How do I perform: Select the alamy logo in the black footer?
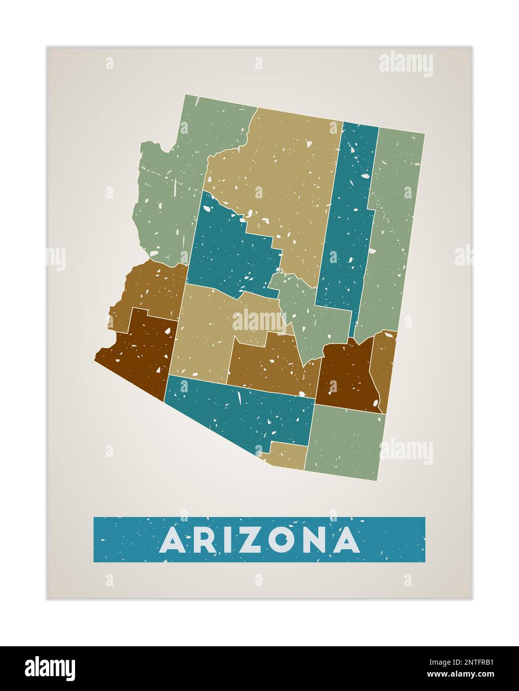(50, 668)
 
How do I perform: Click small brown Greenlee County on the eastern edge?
(384, 368)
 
